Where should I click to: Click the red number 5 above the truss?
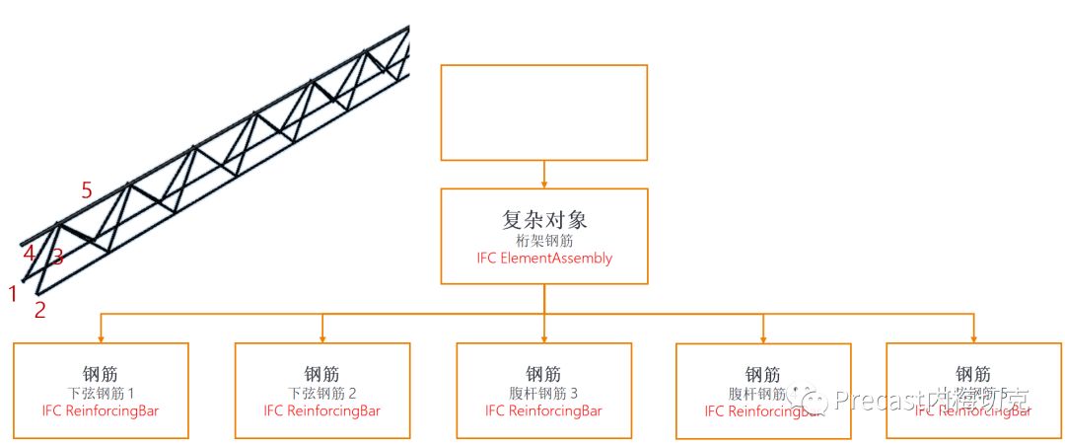click(x=87, y=190)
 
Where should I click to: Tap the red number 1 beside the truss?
click(x=13, y=293)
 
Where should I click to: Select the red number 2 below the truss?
click(x=40, y=310)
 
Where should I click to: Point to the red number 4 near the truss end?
click(x=30, y=254)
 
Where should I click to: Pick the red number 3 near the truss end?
click(x=57, y=258)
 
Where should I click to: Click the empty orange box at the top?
click(x=543, y=112)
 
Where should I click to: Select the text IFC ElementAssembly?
click(x=544, y=259)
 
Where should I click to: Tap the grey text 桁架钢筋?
click(x=543, y=240)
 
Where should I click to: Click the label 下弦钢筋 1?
click(x=100, y=393)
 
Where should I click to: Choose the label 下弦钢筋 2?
click(x=321, y=393)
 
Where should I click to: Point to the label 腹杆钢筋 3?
click(x=543, y=393)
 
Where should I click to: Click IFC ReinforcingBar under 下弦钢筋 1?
click(x=100, y=410)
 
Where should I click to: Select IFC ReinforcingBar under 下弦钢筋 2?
click(x=321, y=410)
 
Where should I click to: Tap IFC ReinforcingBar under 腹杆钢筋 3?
click(x=543, y=410)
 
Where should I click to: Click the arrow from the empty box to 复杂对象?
click(x=544, y=174)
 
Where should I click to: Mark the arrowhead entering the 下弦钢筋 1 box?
click(x=101, y=337)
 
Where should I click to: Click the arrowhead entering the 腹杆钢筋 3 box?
click(x=544, y=337)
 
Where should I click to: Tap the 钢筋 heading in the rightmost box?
click(x=973, y=375)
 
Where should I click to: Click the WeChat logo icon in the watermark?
click(x=815, y=398)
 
